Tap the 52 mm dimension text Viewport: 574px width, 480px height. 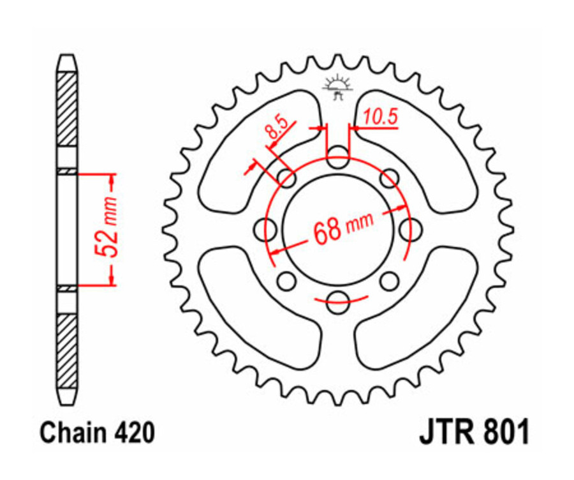tap(109, 228)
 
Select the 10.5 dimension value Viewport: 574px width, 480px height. tap(381, 116)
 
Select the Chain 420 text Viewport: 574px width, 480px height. tap(97, 433)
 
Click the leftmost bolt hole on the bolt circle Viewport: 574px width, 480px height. tap(263, 229)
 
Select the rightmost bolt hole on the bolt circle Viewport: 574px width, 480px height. tap(415, 229)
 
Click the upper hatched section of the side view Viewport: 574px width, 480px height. tap(67, 109)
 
